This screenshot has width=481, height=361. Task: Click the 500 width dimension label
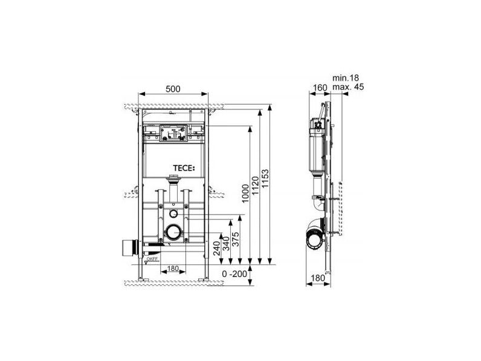(173, 89)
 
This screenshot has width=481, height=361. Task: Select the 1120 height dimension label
(255, 186)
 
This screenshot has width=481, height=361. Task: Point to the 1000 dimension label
(245, 194)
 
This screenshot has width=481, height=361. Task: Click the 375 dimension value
(236, 239)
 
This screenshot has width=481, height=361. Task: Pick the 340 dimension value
(226, 244)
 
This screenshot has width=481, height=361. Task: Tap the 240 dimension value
(216, 249)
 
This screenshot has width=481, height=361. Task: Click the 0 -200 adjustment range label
(234, 274)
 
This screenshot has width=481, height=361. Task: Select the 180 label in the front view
(173, 268)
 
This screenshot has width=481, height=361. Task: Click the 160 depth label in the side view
(320, 88)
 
